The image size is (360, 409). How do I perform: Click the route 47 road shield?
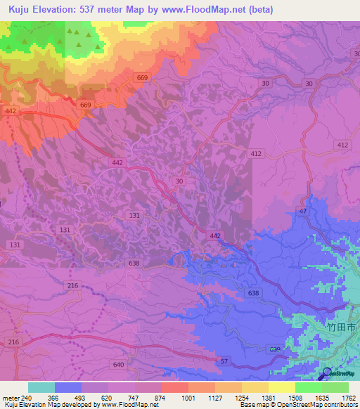(303, 211)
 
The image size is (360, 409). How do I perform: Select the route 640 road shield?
(118, 365)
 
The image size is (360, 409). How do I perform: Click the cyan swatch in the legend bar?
(41, 387)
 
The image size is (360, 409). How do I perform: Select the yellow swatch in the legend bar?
(282, 387)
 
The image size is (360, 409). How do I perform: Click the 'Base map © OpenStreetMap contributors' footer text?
(298, 405)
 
